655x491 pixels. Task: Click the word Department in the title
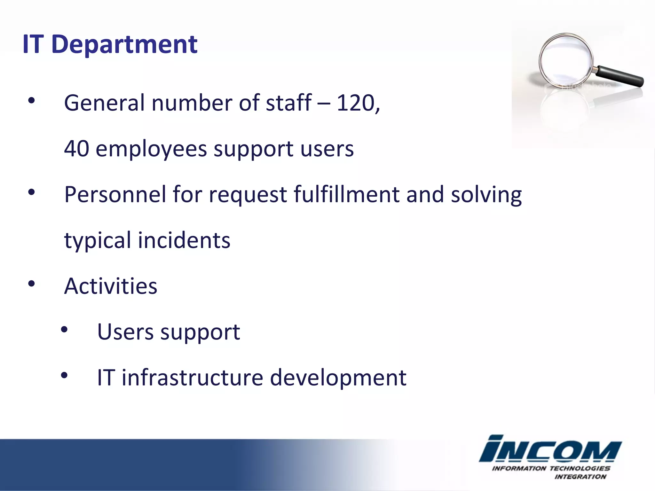(124, 45)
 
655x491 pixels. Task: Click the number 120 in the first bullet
(355, 103)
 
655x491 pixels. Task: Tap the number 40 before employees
(76, 149)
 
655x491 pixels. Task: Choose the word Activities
(111, 286)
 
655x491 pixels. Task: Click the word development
(338, 378)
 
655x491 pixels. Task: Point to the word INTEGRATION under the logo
(580, 477)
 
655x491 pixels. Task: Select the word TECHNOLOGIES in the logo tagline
(580, 468)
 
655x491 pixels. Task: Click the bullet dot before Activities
(31, 284)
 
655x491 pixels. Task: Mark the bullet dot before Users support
(64, 330)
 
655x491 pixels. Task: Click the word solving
(486, 195)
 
